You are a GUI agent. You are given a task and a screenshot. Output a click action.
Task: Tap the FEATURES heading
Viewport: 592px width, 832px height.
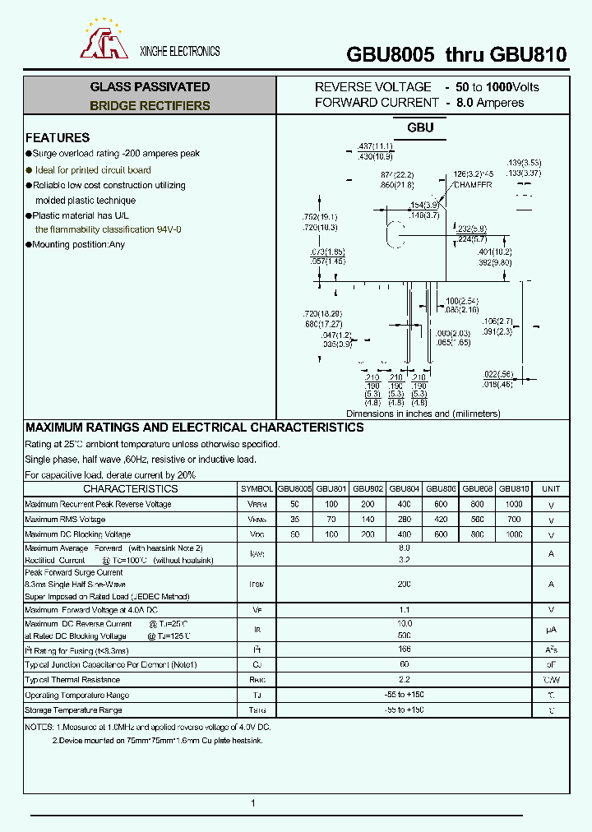pos(58,137)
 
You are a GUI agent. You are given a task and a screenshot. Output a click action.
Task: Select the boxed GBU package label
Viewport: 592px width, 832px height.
pos(420,127)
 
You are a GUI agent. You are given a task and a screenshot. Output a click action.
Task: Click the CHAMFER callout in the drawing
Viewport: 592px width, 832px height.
pos(473,185)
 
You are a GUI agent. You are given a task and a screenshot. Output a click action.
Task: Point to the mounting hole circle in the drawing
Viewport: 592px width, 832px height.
pos(395,233)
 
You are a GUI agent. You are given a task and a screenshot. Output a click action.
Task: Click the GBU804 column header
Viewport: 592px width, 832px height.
pos(405,488)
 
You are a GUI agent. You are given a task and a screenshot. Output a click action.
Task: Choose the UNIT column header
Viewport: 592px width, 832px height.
pos(551,488)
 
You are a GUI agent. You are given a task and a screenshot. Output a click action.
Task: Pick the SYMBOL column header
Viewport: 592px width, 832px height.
pos(257,488)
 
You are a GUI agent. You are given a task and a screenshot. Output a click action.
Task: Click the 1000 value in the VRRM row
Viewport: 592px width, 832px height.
pos(514,504)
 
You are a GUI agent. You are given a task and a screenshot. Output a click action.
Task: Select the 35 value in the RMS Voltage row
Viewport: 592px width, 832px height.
pos(294,520)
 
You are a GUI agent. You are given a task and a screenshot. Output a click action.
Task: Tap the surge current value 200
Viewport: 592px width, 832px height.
pos(404,584)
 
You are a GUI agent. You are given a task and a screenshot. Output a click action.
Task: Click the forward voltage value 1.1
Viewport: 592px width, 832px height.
pos(404,610)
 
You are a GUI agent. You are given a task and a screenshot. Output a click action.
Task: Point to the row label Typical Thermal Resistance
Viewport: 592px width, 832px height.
pos(72,680)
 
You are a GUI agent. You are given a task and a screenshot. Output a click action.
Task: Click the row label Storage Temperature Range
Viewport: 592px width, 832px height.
pos(73,710)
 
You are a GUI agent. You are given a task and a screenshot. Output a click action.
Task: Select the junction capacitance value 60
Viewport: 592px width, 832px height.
pos(404,664)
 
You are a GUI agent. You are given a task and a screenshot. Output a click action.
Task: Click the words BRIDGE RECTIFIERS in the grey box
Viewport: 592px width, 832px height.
pos(150,105)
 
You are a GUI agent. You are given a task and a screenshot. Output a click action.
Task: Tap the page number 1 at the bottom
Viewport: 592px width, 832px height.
pos(253,803)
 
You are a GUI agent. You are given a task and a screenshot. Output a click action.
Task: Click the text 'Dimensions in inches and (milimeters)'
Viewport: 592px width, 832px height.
pos(423,414)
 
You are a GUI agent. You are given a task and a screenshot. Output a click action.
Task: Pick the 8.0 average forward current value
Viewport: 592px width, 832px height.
pos(404,547)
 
